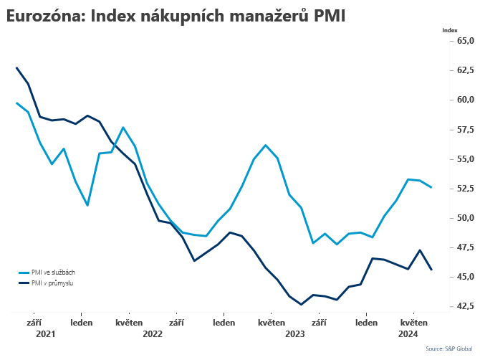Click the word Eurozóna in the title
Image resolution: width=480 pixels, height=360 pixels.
[43, 16]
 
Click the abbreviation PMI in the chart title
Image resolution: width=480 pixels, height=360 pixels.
[330, 16]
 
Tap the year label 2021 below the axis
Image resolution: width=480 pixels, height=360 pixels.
[45, 333]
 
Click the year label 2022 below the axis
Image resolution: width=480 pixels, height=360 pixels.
[153, 333]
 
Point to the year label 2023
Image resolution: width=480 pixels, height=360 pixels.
[296, 333]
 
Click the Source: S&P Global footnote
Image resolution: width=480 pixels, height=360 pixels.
[448, 349]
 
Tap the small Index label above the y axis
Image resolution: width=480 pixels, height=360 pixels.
[450, 30]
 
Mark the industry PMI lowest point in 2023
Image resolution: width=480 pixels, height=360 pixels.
[302, 304]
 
